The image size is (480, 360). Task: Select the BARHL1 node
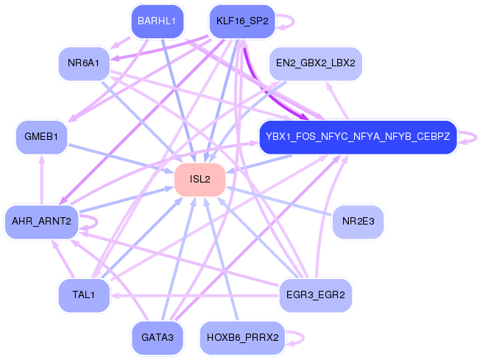[x=156, y=21]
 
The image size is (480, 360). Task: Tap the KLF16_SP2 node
[x=242, y=21]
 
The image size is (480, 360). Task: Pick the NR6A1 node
[x=83, y=63]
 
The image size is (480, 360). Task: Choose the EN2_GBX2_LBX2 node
[x=314, y=63]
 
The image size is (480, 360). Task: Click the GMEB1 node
[x=41, y=138]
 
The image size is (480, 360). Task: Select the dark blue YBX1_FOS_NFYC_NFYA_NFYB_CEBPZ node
[x=358, y=137]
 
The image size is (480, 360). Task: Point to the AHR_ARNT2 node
[x=41, y=222]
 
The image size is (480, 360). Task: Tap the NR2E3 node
[x=358, y=222]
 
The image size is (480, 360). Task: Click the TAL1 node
[x=83, y=295]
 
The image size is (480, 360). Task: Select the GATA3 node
[x=156, y=337]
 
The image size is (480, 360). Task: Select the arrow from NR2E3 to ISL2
[x=280, y=201]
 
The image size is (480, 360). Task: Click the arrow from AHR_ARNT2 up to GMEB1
[x=42, y=180]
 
